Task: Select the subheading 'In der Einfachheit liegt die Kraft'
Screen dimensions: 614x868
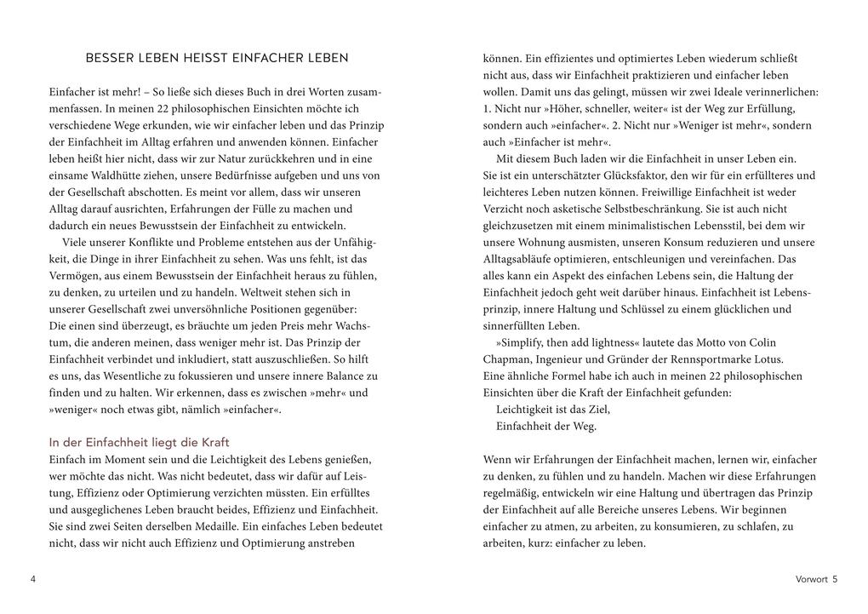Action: coord(139,442)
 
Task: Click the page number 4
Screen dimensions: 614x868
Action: coord(32,580)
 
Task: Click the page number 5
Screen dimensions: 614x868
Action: coord(835,580)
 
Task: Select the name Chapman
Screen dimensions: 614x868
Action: coord(508,359)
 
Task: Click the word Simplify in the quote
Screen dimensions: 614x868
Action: coord(527,342)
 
